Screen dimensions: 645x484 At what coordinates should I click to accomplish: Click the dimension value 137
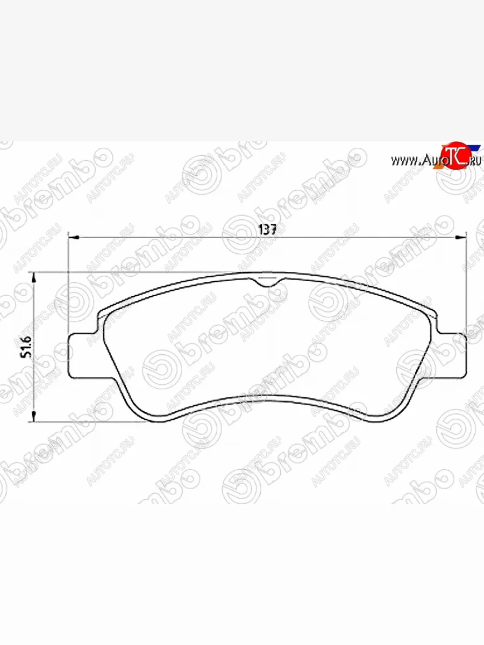267,229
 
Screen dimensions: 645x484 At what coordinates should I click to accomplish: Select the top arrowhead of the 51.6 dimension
34,276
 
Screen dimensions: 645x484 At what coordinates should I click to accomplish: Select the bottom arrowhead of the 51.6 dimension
34,416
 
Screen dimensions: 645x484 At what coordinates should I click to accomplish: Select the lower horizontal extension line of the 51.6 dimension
86,421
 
